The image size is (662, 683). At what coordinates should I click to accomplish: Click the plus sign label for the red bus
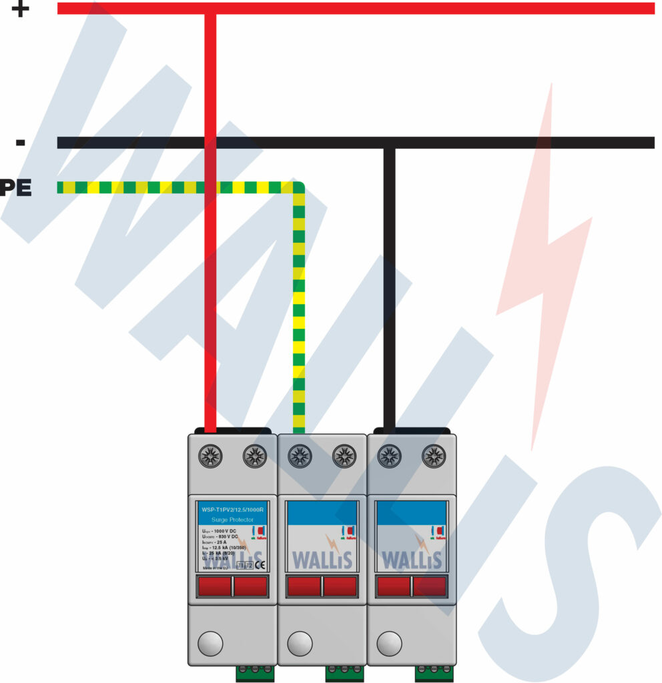point(21,9)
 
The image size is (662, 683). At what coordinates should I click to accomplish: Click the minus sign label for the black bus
point(21,142)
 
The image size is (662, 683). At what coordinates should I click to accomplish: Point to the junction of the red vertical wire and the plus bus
point(210,9)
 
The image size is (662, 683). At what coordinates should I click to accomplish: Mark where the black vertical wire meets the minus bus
point(389,143)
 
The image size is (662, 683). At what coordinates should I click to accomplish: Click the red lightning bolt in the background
point(542,267)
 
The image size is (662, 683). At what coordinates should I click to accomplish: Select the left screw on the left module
point(210,456)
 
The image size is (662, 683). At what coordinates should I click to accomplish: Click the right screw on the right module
point(434,456)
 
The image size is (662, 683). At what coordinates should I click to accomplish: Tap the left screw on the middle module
point(300,456)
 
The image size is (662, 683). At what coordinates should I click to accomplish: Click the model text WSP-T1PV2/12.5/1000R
point(232,510)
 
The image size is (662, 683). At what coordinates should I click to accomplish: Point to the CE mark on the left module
point(260,564)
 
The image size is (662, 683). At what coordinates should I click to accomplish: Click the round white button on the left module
point(210,644)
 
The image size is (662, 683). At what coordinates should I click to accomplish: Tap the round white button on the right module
point(389,644)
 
